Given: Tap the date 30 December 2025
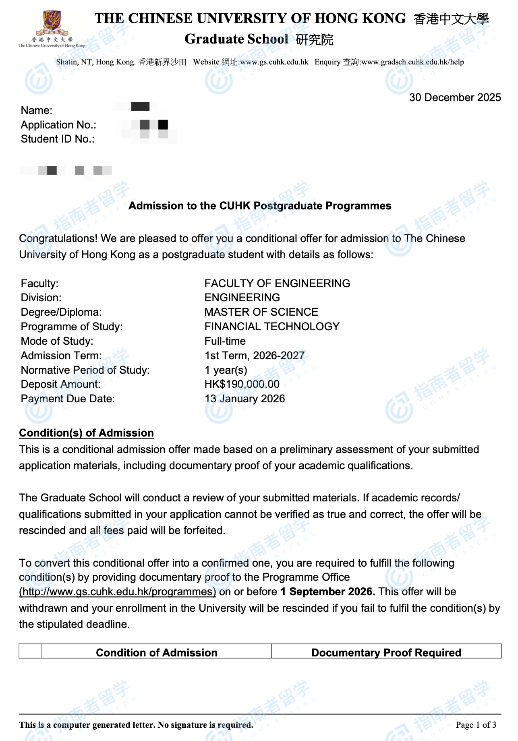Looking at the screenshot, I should click(455, 97).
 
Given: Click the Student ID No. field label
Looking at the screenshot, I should click(58, 139).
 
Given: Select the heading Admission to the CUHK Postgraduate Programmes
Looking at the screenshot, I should click(260, 206).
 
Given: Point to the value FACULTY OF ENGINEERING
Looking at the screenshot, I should click(277, 284).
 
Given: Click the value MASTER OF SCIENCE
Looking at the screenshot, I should click(261, 312).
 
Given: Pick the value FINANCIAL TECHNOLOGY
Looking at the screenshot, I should click(272, 327).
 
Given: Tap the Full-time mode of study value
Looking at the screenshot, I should click(225, 341).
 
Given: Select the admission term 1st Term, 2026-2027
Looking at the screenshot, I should click(254, 356).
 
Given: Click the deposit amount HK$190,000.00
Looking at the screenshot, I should click(242, 384).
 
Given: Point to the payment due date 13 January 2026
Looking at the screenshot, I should click(244, 399).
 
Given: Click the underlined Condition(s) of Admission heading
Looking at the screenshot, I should click(86, 433).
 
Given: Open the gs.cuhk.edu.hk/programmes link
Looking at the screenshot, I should click(118, 592).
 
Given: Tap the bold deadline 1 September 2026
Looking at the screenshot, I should click(327, 592).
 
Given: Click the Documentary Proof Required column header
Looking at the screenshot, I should click(386, 652).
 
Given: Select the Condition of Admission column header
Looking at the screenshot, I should click(156, 652).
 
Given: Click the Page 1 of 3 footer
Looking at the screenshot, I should click(476, 725).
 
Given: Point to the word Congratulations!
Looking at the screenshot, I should click(58, 238).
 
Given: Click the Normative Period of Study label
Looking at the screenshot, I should click(85, 370).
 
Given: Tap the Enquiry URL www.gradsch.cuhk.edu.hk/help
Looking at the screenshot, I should click(412, 62).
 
